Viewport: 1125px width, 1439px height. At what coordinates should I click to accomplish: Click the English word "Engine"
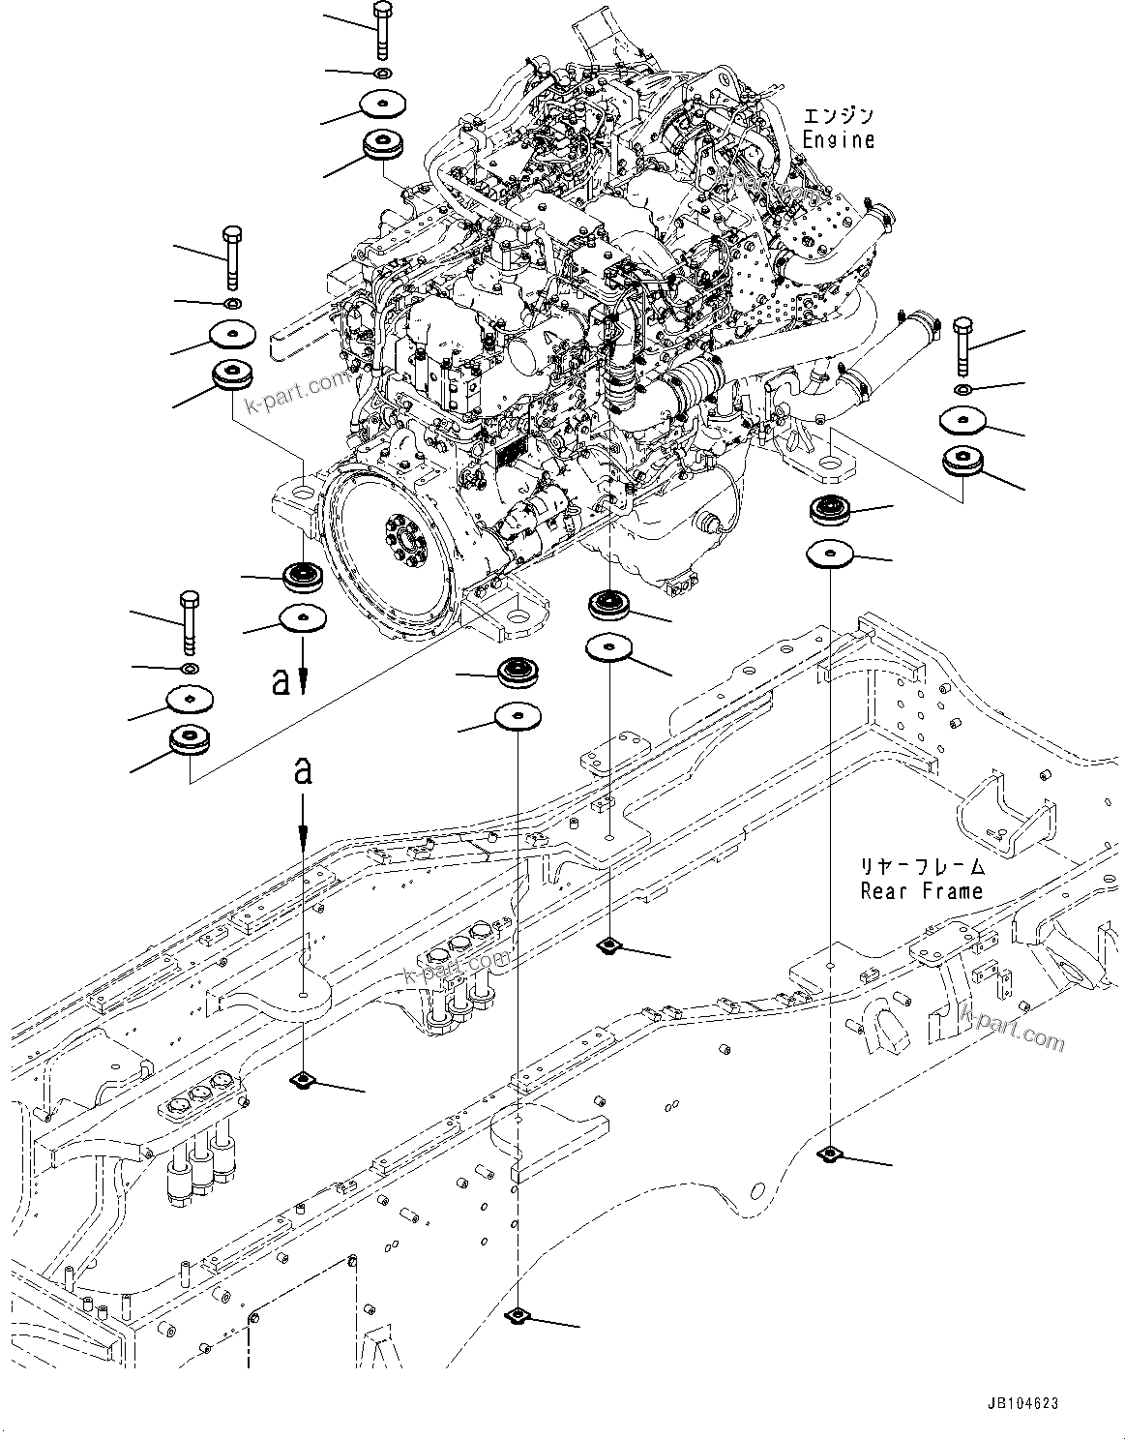click(838, 140)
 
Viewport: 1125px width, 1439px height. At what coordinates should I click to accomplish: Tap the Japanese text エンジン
click(838, 116)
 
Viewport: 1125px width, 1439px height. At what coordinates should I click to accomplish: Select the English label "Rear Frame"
click(921, 891)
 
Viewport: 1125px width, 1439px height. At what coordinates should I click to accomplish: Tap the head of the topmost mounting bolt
click(380, 13)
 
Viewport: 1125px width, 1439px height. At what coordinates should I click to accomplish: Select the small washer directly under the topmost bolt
click(383, 74)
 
